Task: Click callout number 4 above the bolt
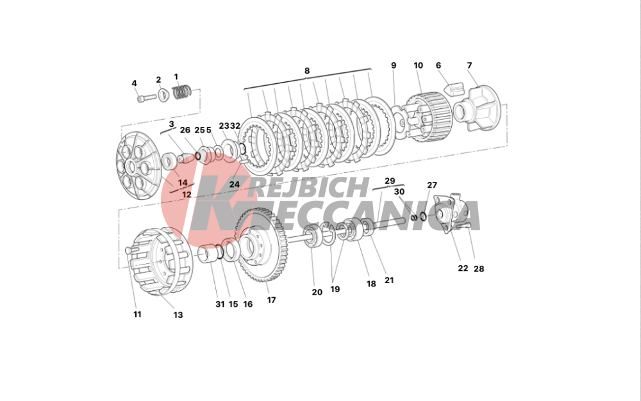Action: (134, 83)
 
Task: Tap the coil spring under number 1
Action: (182, 92)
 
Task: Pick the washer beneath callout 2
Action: (163, 95)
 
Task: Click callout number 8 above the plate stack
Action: (307, 70)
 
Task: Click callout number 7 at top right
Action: (469, 65)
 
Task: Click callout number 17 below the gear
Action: (271, 300)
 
